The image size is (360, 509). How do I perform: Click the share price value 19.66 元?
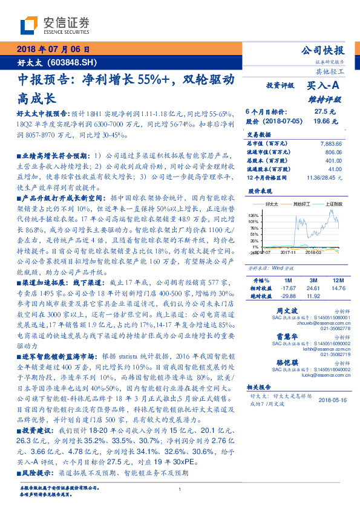323,121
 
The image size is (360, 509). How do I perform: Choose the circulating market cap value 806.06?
333,153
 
